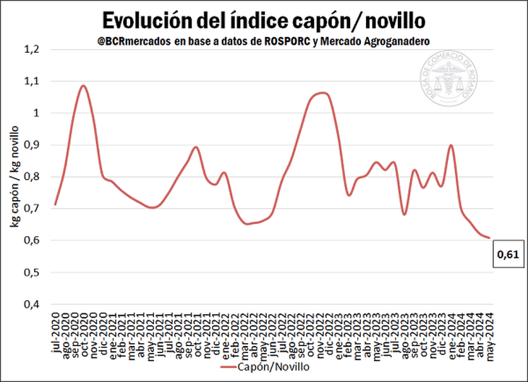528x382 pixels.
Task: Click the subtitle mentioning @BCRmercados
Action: tap(263, 41)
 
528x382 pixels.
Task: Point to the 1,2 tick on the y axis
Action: tap(33, 50)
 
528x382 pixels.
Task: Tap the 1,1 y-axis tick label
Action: tap(33, 82)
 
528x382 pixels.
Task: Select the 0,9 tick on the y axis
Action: tap(33, 145)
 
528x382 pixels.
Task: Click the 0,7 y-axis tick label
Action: tap(33, 209)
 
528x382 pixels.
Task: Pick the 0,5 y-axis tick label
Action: tap(33, 272)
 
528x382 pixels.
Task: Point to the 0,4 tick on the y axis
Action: tap(33, 304)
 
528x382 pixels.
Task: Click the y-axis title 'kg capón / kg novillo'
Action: tap(14, 177)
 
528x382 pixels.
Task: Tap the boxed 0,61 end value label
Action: tap(507, 253)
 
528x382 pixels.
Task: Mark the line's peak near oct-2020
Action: tap(83, 85)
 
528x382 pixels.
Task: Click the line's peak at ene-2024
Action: tap(451, 145)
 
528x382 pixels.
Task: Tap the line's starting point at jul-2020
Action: tap(55, 204)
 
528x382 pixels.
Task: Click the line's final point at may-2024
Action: tap(489, 238)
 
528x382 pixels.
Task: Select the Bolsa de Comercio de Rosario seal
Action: tap(448, 82)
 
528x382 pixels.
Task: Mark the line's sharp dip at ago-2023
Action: tap(404, 214)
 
